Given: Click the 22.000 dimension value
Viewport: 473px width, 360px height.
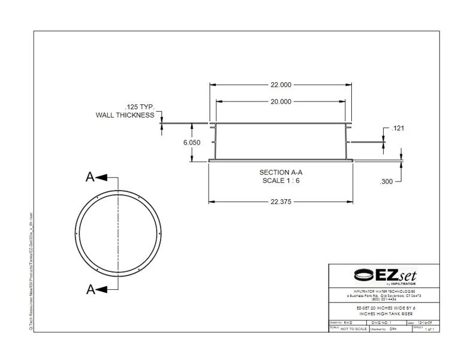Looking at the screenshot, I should (x=281, y=85).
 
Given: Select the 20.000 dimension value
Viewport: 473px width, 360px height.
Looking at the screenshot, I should (x=281, y=102).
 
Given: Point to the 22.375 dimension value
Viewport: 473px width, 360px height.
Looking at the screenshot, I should (x=280, y=202).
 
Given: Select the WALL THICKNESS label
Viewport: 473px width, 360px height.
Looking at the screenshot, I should (x=125, y=115).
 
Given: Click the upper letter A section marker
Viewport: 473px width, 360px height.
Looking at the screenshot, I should (x=90, y=177).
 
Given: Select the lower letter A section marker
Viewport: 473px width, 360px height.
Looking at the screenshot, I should (x=90, y=289).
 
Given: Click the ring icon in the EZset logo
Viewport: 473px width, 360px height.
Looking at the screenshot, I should (x=363, y=275).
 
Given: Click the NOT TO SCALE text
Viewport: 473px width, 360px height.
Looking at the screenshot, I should (x=354, y=329).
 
